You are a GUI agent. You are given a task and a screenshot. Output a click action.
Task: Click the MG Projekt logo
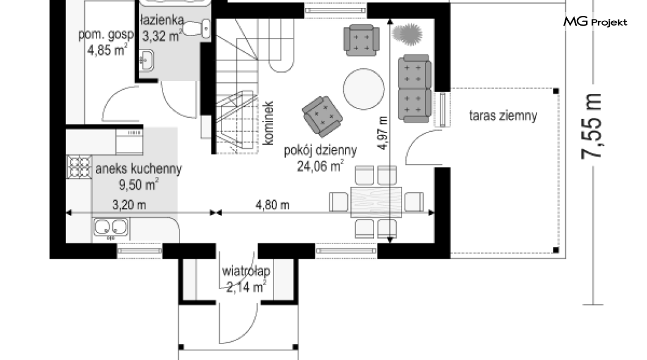(595, 21)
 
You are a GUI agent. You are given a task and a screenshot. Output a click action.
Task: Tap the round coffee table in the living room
(364, 89)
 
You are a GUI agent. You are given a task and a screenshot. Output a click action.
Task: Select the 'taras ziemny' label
(503, 116)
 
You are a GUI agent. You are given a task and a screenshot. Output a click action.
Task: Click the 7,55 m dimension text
(591, 126)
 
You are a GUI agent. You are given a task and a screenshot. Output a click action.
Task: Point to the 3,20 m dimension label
(129, 204)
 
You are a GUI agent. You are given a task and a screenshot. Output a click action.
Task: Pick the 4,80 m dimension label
(272, 204)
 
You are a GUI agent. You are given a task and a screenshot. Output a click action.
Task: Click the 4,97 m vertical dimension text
(383, 133)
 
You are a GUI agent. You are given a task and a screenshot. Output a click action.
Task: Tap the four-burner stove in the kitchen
(79, 167)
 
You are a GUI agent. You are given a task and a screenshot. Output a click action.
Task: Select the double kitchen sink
(110, 228)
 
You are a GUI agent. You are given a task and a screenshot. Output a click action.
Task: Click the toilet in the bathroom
(197, 29)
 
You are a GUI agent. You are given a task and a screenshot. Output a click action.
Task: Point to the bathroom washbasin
(146, 60)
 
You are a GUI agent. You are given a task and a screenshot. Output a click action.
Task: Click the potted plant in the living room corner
(407, 34)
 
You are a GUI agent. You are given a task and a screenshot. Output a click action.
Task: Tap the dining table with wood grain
(376, 202)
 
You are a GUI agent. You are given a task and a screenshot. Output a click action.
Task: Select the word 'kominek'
(268, 123)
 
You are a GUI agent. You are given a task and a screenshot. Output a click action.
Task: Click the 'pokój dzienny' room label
(320, 151)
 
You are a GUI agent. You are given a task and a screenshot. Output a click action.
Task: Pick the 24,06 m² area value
(320, 166)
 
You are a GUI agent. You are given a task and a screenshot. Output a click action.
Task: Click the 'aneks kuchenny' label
(139, 169)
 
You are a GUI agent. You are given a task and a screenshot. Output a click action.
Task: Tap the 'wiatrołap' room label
(246, 272)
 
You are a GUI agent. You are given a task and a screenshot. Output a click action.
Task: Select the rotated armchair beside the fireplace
(322, 117)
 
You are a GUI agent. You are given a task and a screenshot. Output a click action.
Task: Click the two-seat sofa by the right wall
(414, 88)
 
